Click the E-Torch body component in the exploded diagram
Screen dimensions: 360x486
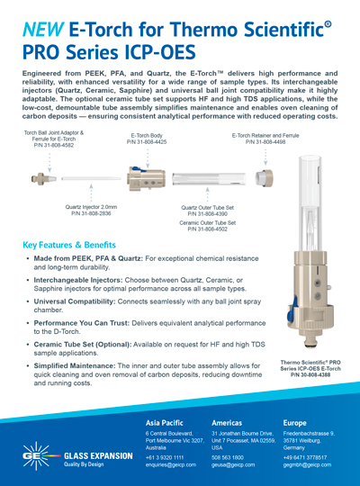tap(144, 180)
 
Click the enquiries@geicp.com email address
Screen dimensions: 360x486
tap(173, 466)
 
